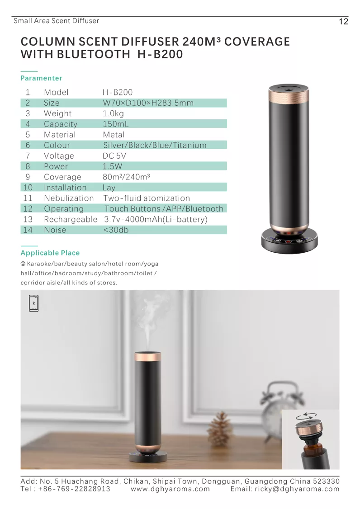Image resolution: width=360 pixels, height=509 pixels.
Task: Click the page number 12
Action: click(343, 22)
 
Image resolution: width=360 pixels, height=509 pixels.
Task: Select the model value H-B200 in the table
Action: click(118, 92)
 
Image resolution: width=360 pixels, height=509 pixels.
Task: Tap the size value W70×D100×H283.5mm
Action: click(148, 103)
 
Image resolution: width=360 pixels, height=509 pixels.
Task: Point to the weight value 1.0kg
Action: click(113, 113)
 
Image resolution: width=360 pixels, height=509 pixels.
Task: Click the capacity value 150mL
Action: click(115, 124)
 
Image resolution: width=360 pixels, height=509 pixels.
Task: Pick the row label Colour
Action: click(57, 145)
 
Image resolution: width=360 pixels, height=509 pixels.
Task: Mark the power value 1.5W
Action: click(113, 166)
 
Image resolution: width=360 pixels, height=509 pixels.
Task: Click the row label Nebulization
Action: click(69, 198)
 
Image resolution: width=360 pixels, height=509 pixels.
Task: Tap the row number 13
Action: click(28, 219)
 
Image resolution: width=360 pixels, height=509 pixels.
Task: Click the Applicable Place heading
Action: click(50, 253)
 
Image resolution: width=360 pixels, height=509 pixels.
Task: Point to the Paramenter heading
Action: click(42, 78)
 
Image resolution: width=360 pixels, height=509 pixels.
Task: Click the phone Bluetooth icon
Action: click(34, 303)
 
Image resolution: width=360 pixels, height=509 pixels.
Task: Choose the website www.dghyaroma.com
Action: click(171, 489)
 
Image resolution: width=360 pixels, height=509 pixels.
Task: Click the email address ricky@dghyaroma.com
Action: click(285, 489)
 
